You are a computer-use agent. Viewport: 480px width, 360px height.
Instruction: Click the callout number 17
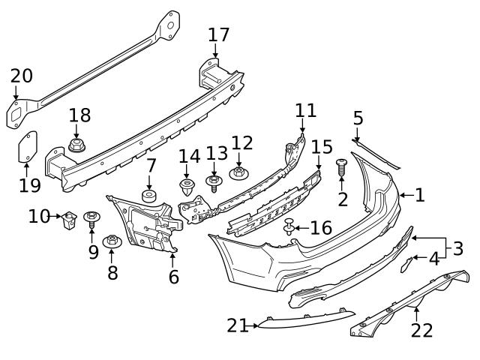click(x=219, y=34)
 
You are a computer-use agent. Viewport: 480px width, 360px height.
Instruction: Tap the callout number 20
click(x=22, y=76)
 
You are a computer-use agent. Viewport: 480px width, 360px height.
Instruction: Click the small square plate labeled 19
click(x=28, y=147)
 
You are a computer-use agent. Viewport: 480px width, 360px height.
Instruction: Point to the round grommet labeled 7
click(x=148, y=196)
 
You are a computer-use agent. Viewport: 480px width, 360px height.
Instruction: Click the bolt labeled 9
click(x=92, y=219)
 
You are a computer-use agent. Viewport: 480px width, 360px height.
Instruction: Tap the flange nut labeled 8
click(x=112, y=241)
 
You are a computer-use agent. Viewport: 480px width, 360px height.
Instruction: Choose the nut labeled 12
click(x=239, y=173)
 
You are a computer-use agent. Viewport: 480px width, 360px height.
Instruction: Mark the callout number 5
click(x=358, y=118)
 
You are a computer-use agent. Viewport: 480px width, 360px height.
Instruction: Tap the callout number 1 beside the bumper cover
click(x=419, y=196)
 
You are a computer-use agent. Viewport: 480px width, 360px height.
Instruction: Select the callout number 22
click(x=422, y=331)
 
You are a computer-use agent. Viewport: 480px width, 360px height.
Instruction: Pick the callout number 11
click(x=305, y=111)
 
